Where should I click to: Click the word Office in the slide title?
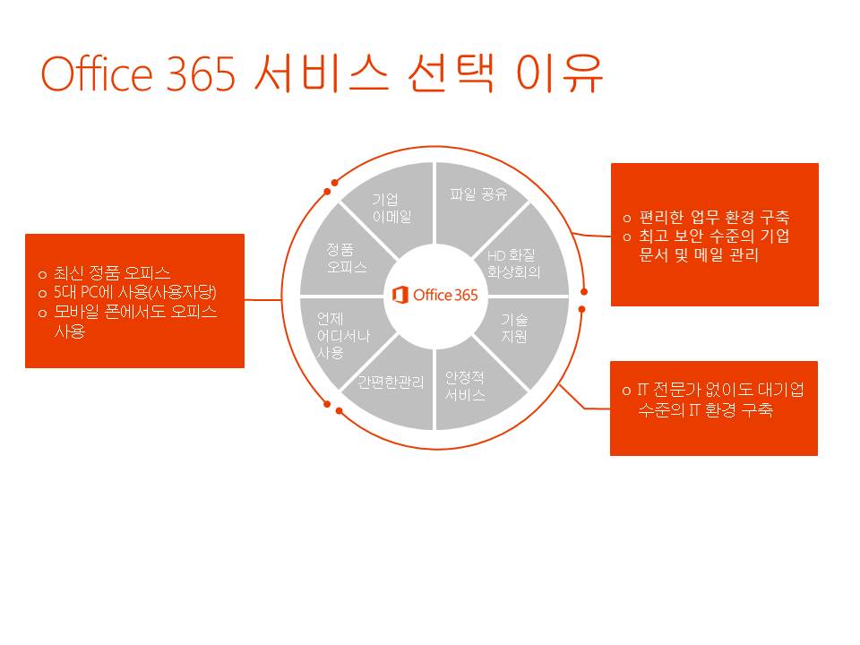click(x=97, y=73)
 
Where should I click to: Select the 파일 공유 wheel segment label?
click(x=478, y=194)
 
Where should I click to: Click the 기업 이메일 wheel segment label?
click(x=391, y=208)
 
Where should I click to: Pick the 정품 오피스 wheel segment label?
click(x=346, y=258)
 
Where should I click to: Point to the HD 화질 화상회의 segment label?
click(x=513, y=263)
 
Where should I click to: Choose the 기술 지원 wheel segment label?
click(x=514, y=328)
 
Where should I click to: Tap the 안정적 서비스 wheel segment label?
click(x=465, y=386)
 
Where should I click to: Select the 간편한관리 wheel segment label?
click(x=391, y=382)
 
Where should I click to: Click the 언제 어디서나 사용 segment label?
click(x=343, y=336)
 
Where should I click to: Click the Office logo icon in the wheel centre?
click(x=400, y=295)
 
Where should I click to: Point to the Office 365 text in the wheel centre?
click(x=445, y=295)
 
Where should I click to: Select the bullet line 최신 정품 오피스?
click(x=111, y=273)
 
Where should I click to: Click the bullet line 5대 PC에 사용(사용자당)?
click(x=134, y=292)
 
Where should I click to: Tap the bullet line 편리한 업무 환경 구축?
click(x=714, y=218)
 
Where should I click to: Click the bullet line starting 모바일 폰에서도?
click(x=135, y=322)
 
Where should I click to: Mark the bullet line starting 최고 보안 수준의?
click(x=714, y=245)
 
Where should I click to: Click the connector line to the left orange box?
click(x=262, y=299)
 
